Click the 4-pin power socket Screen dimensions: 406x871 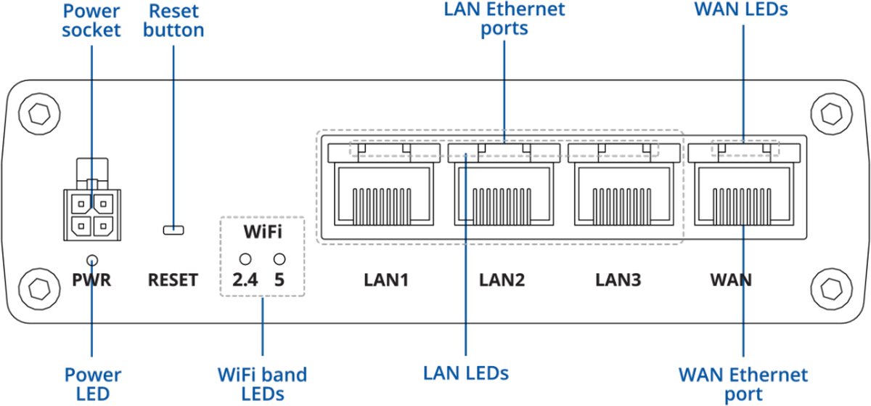point(91,215)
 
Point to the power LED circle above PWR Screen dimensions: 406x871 point(92,260)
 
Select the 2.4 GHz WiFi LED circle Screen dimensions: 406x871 point(246,259)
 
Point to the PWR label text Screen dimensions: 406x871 point(92,280)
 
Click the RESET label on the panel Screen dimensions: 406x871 point(173,280)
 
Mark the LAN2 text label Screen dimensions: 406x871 point(502,280)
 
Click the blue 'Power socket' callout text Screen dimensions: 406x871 point(92,21)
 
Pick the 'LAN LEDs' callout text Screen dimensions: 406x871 point(466,373)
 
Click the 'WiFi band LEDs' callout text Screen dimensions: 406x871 point(262,384)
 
